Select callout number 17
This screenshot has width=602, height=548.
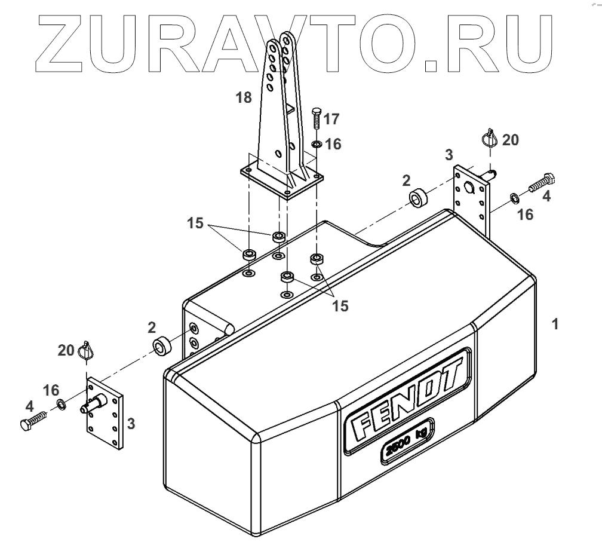pyautogui.click(x=331, y=120)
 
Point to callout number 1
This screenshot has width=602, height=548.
pyautogui.click(x=555, y=324)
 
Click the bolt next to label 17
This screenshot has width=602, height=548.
pyautogui.click(x=317, y=122)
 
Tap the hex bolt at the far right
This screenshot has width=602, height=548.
pyautogui.click(x=542, y=183)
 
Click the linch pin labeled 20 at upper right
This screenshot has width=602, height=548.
pyautogui.click(x=490, y=141)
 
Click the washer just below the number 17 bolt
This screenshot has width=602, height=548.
pyautogui.click(x=317, y=144)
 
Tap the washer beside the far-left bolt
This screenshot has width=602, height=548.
pyautogui.click(x=61, y=406)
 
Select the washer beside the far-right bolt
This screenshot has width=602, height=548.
pyautogui.click(x=514, y=197)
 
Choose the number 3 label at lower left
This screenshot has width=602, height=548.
pyautogui.click(x=131, y=424)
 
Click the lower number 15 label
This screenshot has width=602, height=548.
pyautogui.click(x=340, y=305)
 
